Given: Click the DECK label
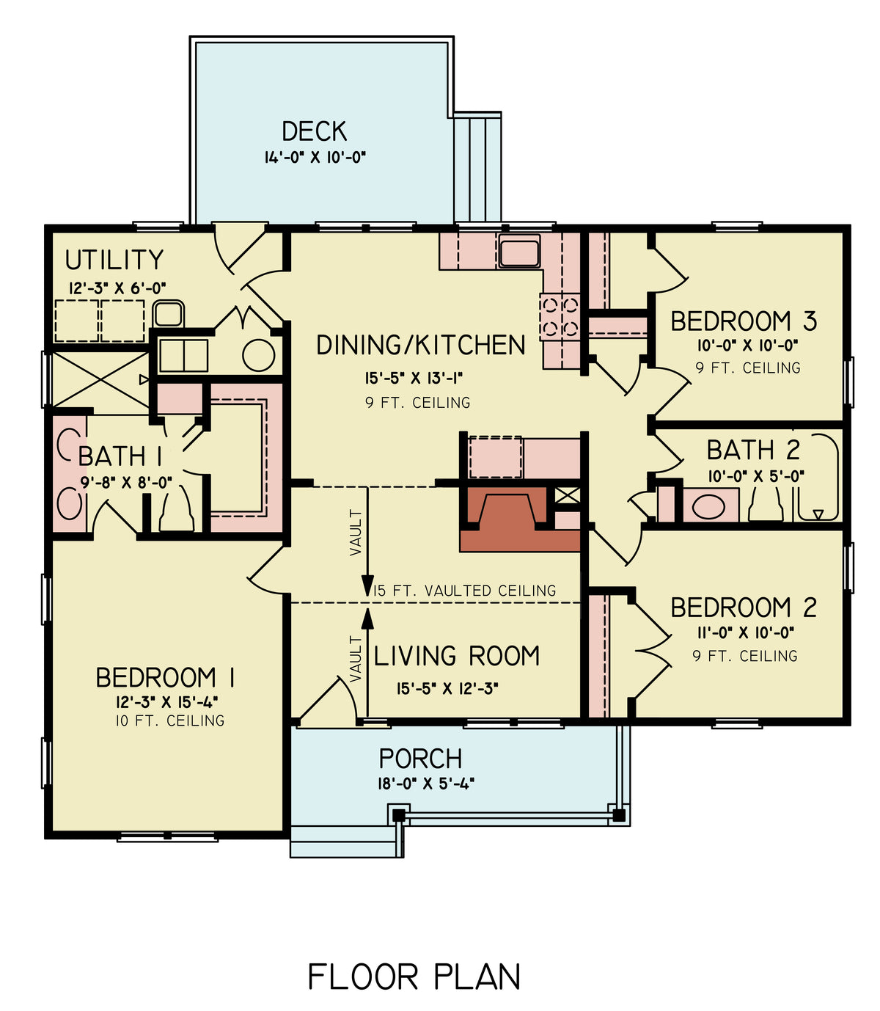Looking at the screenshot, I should coord(314,131).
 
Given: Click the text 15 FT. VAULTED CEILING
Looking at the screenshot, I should coord(465,591).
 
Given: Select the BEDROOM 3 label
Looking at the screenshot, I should coord(743,321).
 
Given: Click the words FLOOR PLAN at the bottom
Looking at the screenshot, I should coord(414,977).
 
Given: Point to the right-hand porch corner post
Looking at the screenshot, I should coord(619,814).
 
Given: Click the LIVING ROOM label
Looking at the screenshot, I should coord(456,655).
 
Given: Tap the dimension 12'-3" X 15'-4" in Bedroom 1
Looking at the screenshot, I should coord(166,701).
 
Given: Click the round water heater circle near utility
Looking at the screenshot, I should coord(258,356).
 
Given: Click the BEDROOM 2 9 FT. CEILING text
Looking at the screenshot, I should coord(744,656).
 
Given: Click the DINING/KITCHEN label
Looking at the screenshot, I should coord(420,345).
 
